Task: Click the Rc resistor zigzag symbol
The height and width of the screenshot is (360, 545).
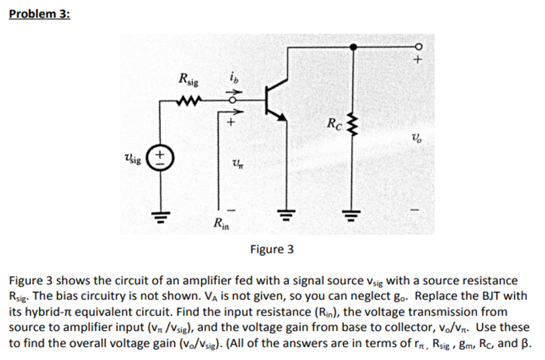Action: (x=351, y=126)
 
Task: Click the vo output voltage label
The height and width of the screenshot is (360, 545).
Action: (x=417, y=139)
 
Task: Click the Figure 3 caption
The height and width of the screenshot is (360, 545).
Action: (x=272, y=249)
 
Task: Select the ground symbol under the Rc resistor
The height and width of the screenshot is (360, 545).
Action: (x=351, y=215)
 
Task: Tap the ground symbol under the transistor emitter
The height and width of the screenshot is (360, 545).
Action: (x=287, y=215)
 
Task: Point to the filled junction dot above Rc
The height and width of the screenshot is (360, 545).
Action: (x=352, y=46)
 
